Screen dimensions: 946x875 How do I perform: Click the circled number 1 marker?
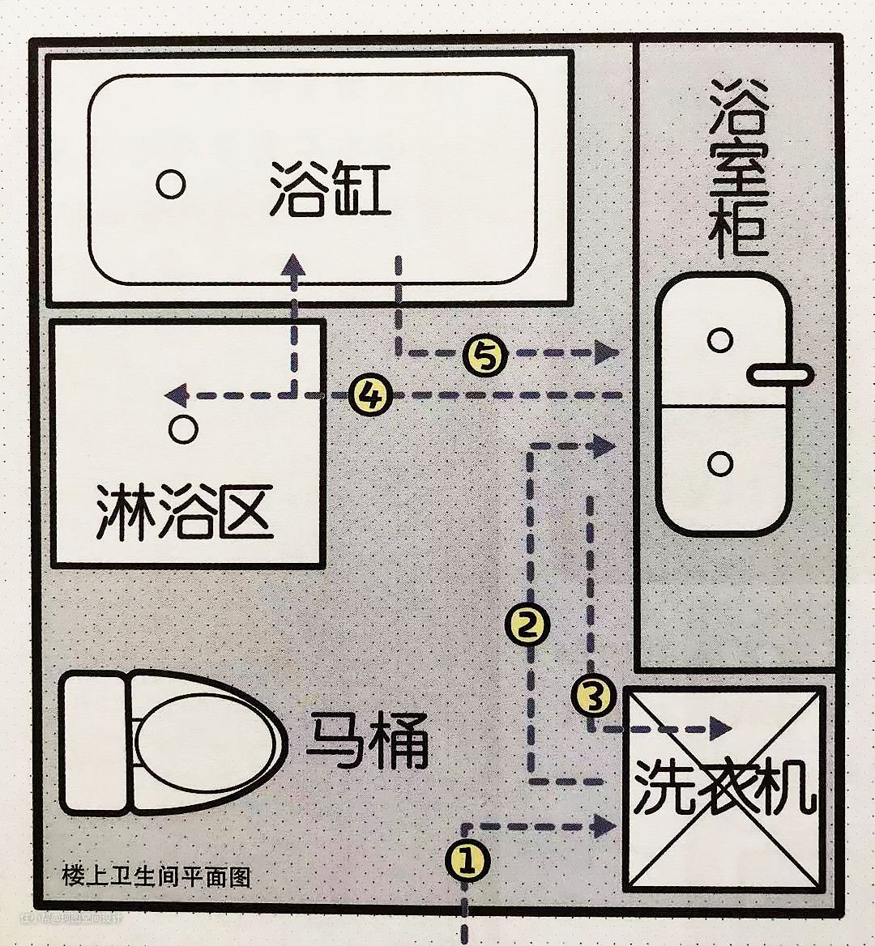point(466,860)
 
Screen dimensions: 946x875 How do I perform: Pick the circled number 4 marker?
point(370,395)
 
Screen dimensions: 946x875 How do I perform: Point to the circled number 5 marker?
point(485,354)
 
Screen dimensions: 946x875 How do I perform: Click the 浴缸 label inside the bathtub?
point(330,189)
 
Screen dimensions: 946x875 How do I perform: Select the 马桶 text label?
point(366,739)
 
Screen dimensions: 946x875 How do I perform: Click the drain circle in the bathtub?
point(170,185)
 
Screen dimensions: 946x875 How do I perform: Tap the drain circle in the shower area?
point(183,429)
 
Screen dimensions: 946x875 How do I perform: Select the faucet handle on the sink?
point(779,374)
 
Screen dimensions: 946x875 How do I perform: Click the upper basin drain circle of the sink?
point(719,339)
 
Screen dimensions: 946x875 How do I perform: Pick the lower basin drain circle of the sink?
point(719,463)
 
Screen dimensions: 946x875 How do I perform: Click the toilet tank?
point(95,739)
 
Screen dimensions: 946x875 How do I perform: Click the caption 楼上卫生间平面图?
point(156,876)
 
